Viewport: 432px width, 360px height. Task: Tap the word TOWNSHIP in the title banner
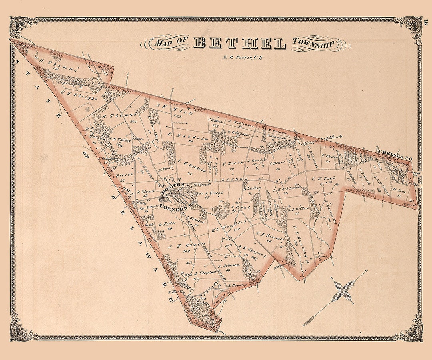[x=312, y=43]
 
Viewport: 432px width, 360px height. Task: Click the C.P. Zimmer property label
[x=270, y=236]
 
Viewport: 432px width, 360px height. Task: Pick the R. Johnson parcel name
[x=229, y=266]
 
